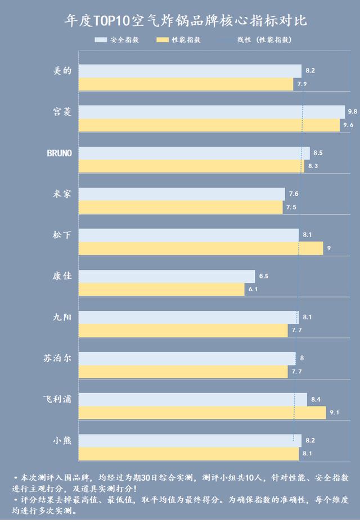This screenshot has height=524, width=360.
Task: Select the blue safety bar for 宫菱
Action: click(211, 112)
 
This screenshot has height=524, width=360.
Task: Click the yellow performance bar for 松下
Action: click(201, 249)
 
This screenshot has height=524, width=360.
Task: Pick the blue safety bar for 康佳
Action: click(166, 276)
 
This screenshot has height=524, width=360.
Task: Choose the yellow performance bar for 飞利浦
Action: click(202, 413)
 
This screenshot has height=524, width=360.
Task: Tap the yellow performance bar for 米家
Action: click(181, 207)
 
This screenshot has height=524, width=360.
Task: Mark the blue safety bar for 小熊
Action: click(190, 440)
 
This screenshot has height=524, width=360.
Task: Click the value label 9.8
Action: click(352, 112)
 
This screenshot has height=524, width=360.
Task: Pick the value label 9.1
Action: click(334, 413)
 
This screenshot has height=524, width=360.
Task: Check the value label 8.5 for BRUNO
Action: click(318, 153)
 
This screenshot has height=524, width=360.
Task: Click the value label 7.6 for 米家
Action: click(293, 194)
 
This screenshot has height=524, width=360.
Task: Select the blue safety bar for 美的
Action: click(190, 71)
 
